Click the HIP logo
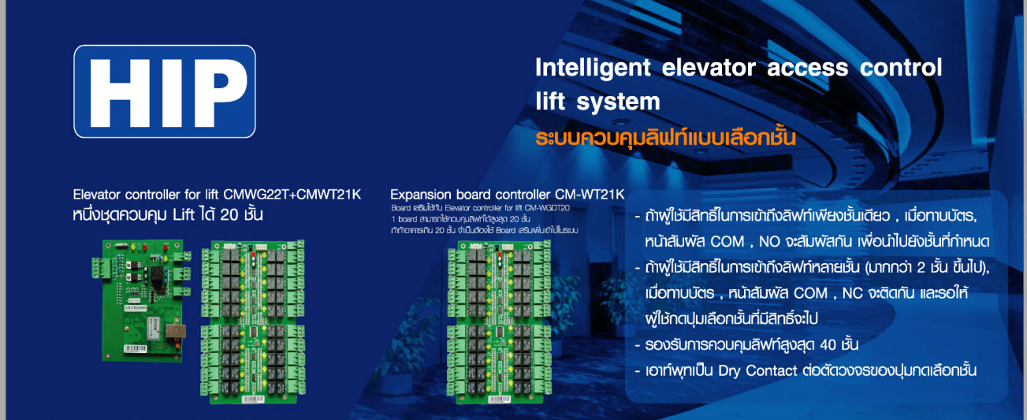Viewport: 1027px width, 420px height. (x=165, y=91)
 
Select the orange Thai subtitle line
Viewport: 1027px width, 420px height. (x=665, y=137)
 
